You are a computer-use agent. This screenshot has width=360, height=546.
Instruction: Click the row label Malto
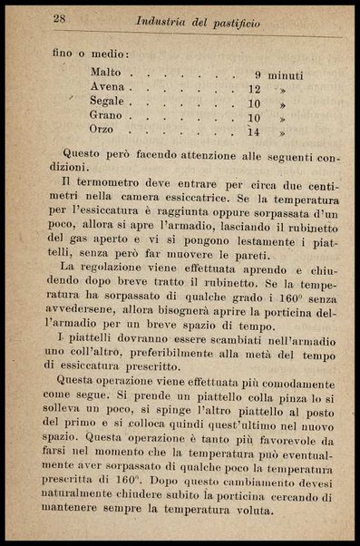[x=106, y=72]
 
